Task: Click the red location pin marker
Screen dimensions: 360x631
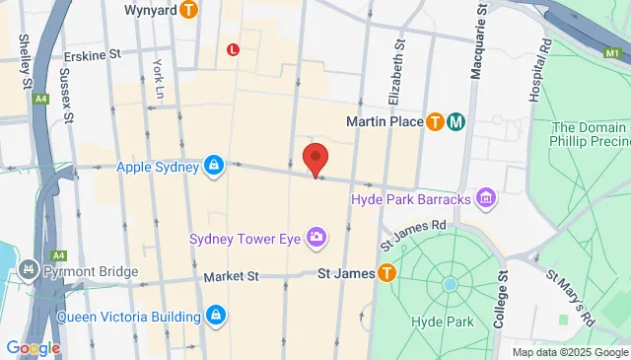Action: point(315,159)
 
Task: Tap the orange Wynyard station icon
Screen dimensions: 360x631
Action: point(190,10)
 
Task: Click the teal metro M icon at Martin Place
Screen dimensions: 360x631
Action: point(456,121)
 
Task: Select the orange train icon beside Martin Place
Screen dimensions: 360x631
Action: point(435,121)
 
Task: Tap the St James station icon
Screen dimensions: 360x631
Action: point(386,272)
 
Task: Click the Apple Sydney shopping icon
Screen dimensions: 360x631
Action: point(213,166)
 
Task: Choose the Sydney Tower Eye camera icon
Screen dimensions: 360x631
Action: point(315,236)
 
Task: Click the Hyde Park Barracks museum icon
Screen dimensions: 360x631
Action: point(485,200)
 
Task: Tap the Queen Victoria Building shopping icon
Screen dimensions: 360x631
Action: point(216,316)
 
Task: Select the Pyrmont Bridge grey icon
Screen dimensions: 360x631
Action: point(29,267)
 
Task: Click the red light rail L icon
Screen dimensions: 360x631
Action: point(233,48)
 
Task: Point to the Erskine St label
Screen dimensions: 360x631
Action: point(91,56)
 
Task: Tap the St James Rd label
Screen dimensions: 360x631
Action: point(413,231)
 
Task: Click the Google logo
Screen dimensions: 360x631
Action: point(33,347)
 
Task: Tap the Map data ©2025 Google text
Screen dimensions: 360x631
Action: point(569,352)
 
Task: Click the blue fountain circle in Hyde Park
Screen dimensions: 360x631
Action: point(451,284)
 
